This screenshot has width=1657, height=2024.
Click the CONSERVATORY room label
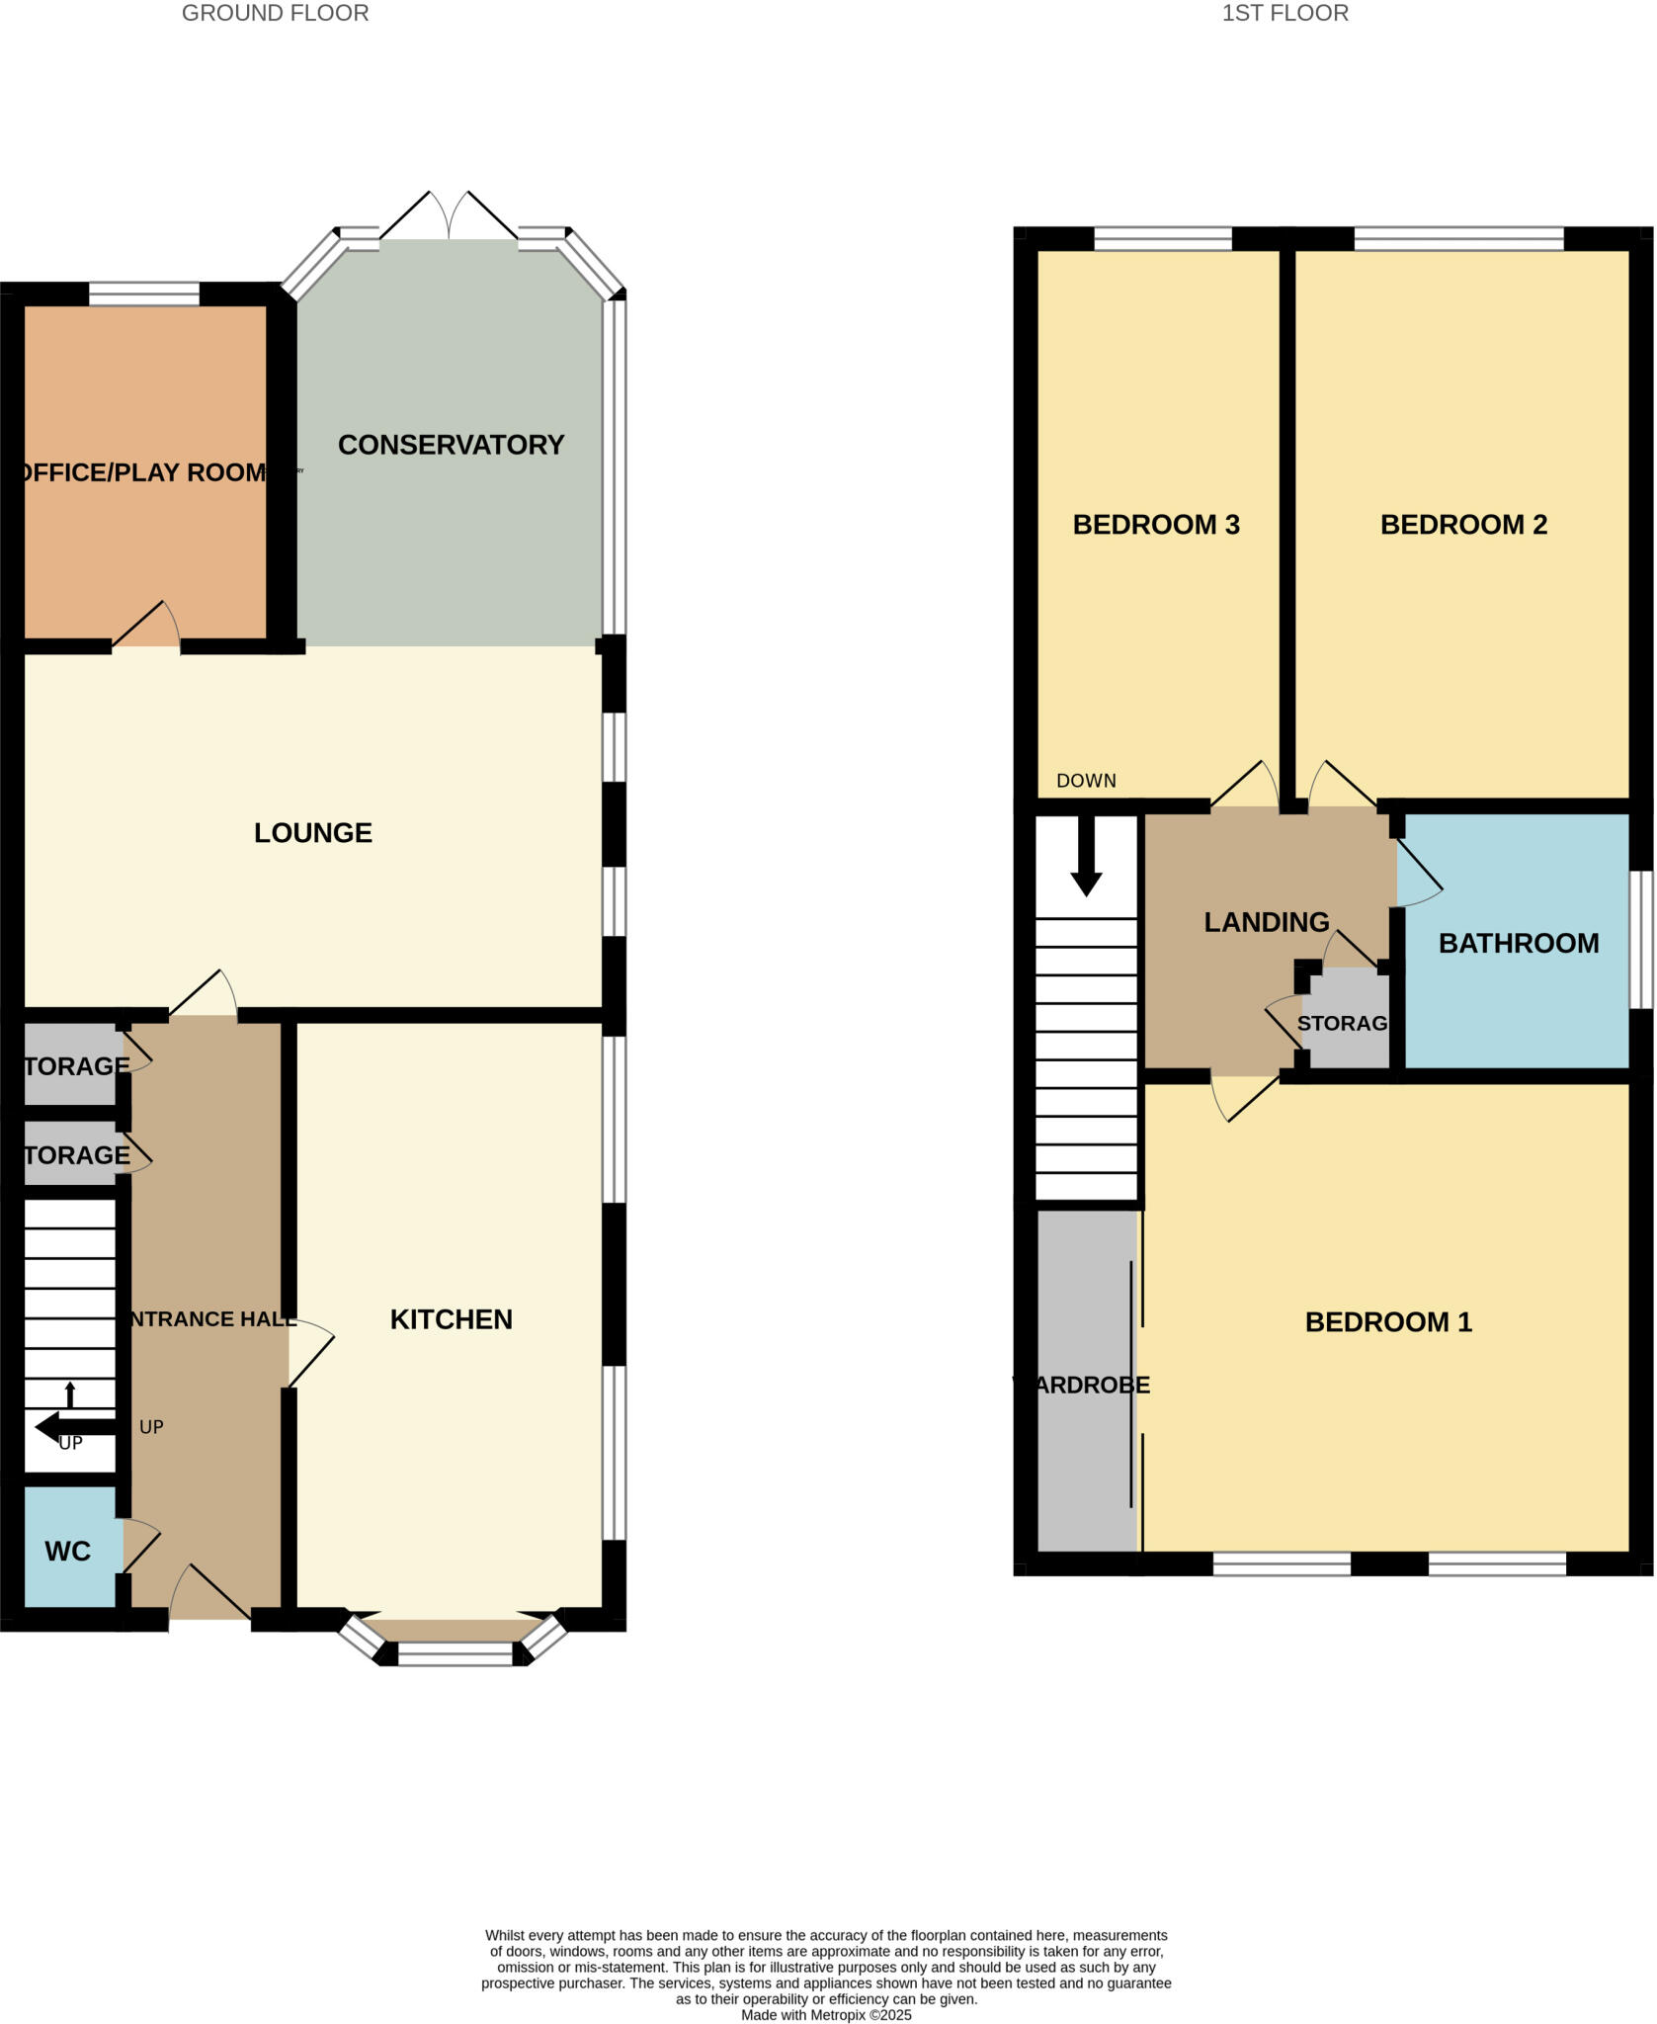451,445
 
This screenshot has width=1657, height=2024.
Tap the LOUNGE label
313,833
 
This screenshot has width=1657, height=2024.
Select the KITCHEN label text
451,1319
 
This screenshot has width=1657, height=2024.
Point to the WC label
67,1552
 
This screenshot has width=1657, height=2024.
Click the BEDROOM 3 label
1156,525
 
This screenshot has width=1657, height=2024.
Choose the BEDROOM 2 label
1463,525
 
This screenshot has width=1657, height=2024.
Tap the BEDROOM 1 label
1388,1322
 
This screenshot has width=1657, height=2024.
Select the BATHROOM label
1519,944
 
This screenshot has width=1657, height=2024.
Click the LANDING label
1267,922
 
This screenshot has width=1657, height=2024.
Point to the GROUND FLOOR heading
275,13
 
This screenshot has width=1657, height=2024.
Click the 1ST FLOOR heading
1284,13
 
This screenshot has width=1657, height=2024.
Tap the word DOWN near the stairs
1086,781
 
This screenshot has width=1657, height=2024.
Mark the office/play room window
144,294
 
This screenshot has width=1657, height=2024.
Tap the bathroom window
1640,939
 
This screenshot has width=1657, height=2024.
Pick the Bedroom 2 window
1458,238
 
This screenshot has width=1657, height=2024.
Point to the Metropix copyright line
826,2015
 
